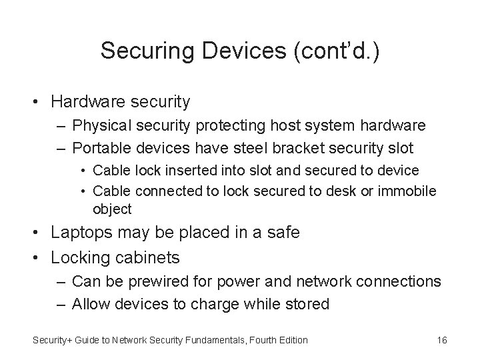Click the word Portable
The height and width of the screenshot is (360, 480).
click(x=101, y=147)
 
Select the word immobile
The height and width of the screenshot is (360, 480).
click(x=409, y=191)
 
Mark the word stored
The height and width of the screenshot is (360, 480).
click(x=307, y=304)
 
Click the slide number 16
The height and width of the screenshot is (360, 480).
click(x=441, y=340)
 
